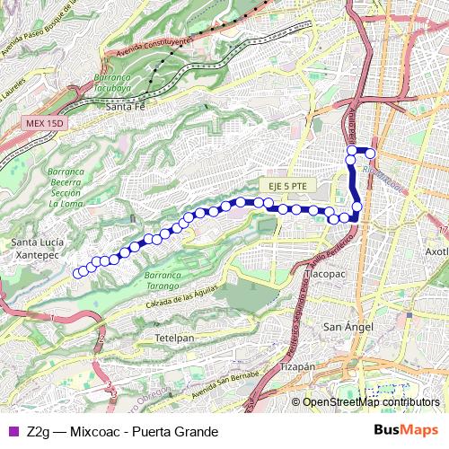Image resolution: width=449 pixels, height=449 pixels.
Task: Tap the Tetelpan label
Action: pyautogui.click(x=174, y=337)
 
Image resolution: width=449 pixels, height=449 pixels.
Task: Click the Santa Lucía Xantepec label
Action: pyautogui.click(x=34, y=249)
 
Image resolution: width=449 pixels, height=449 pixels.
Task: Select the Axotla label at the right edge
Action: pyautogui.click(x=437, y=251)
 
